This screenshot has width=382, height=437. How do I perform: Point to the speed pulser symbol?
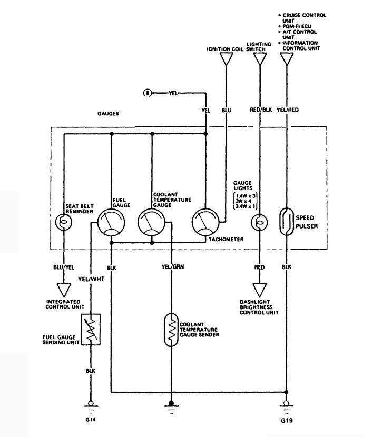tap(287, 220)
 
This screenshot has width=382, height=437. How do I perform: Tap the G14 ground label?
tap(90, 420)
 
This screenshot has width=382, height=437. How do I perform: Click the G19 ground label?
tap(287, 422)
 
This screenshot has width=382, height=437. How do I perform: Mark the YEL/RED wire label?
tap(288, 111)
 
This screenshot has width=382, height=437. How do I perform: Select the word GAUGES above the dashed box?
tap(108, 113)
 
